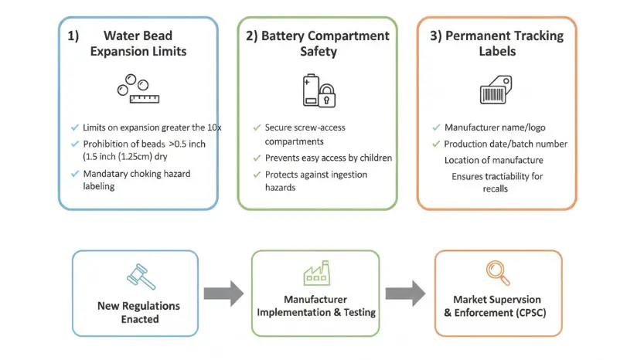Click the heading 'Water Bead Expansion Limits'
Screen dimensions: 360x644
pos(138,43)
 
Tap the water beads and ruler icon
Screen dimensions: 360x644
pos(137,88)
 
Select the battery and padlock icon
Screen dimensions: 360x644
pos(317,90)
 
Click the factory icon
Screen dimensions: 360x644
pos(316,273)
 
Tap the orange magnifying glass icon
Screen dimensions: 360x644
pos(497,272)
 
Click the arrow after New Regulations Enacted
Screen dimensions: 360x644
pos(223,294)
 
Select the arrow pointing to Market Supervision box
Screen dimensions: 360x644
pos(405,294)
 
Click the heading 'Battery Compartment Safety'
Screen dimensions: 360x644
pos(317,43)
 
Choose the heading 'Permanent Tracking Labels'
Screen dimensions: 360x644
pos(497,43)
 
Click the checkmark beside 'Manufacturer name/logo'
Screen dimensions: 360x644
pos(435,127)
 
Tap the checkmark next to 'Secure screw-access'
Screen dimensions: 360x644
pos(257,127)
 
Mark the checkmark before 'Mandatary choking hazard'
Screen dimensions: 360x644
pos(74,173)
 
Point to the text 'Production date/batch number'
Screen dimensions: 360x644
pos(506,144)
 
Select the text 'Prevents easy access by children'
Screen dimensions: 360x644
pos(329,158)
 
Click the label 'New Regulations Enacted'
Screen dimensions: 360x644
pos(139,311)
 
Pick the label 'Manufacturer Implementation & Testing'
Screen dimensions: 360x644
pos(316,306)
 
